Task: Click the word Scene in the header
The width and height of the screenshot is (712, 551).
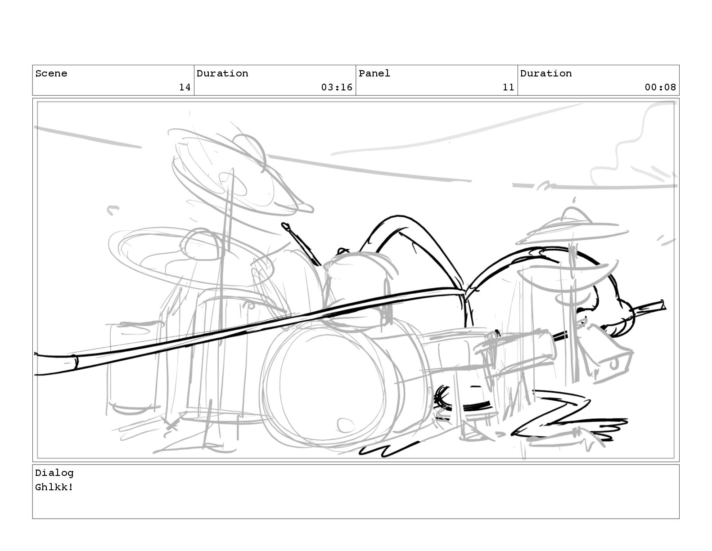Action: click(x=51, y=73)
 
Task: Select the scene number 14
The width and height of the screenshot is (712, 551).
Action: click(x=185, y=87)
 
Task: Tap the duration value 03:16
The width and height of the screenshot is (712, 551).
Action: click(x=336, y=87)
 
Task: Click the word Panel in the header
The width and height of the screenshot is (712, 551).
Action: click(x=374, y=73)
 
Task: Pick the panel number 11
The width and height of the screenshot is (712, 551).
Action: click(x=508, y=87)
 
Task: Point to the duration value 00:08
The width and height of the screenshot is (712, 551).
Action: click(x=660, y=87)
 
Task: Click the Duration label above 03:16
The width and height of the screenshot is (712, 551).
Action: click(x=222, y=73)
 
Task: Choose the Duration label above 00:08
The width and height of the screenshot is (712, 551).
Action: click(x=546, y=73)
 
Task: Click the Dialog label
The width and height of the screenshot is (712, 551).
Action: click(x=54, y=473)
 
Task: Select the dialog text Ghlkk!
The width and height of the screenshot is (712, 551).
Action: click(x=54, y=487)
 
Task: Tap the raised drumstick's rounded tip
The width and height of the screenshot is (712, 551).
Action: click(x=285, y=225)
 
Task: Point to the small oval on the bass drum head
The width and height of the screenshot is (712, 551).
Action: click(x=345, y=423)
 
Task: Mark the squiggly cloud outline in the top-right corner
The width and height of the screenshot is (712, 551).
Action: click(x=630, y=144)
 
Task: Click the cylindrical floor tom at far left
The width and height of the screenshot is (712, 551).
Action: click(x=133, y=367)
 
